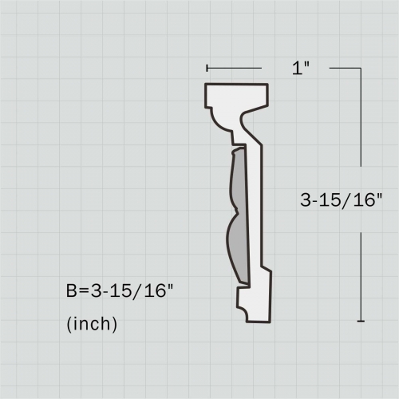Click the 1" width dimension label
point(300,69)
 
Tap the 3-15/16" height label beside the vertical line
point(342,201)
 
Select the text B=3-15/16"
point(119,291)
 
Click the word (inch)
point(92,324)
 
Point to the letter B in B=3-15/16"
point(71,291)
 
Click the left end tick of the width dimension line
point(207,69)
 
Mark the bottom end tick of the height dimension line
point(361,321)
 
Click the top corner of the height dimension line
point(361,69)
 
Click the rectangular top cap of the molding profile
point(237,96)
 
